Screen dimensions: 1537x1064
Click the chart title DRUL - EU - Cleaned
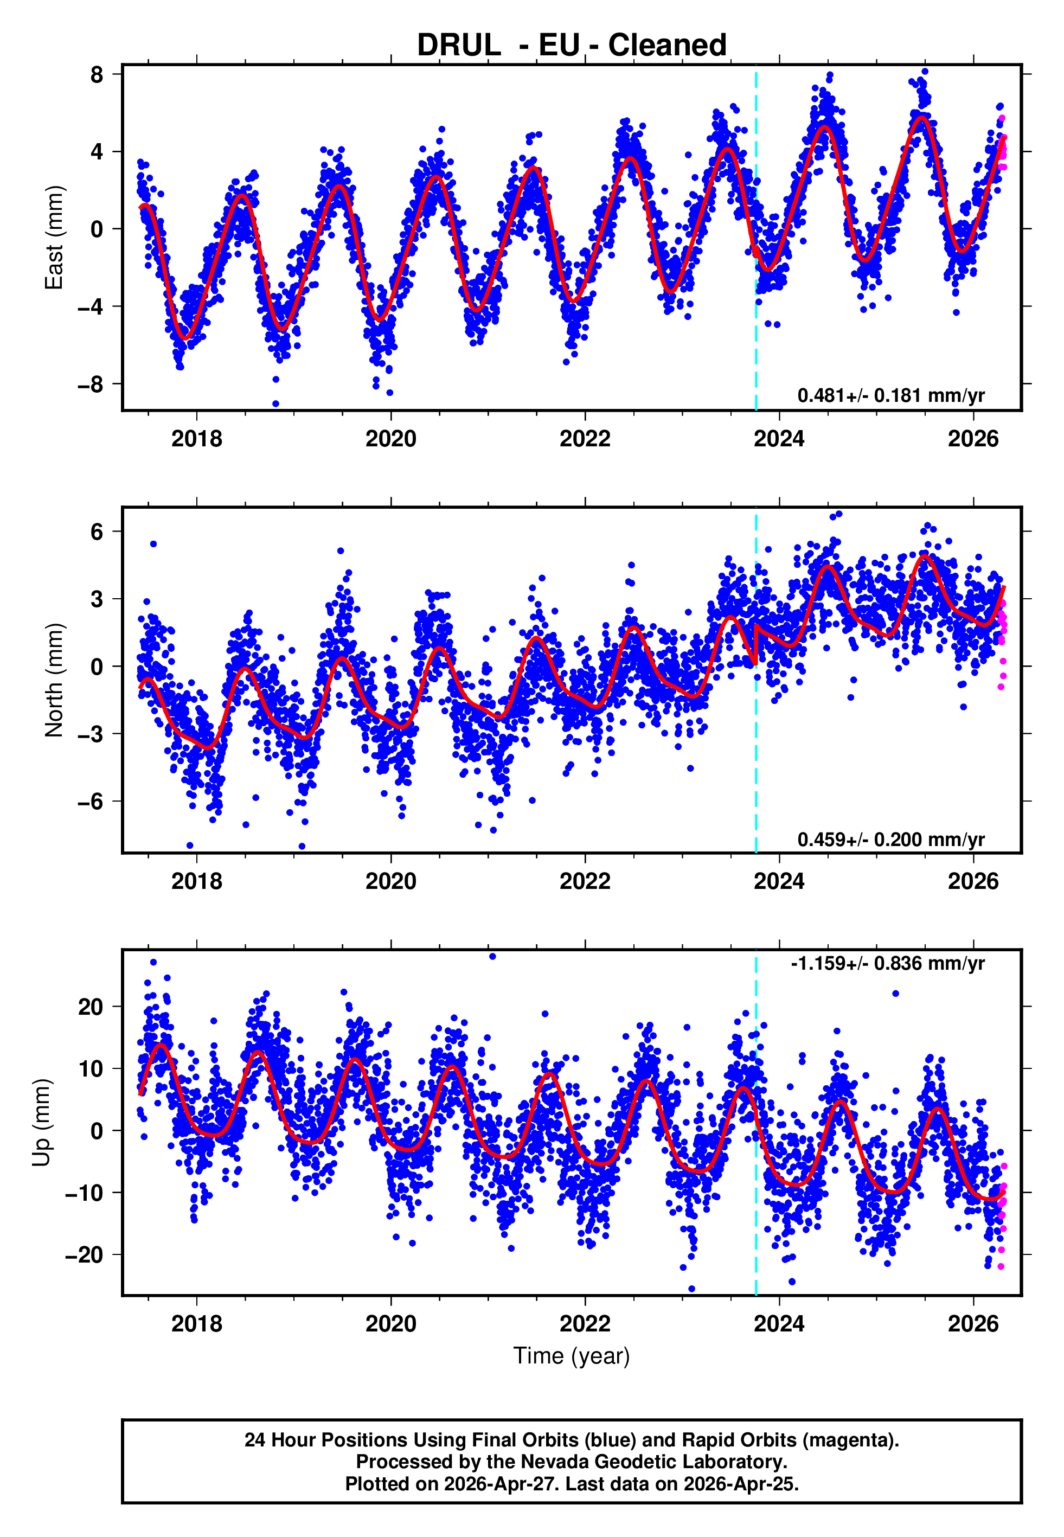point(572,46)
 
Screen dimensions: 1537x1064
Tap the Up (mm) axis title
point(41,1123)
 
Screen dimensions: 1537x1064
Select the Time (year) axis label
point(572,1356)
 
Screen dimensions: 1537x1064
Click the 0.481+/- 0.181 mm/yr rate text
point(890,395)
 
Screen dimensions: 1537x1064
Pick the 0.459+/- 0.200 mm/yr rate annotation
point(890,839)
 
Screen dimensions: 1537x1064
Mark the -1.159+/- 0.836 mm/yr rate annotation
point(887,964)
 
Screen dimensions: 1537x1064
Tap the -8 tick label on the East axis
point(91,385)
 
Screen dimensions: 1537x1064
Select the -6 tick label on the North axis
point(91,801)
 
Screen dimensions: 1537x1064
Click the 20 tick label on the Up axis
point(91,1007)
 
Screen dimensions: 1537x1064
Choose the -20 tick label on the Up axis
point(85,1255)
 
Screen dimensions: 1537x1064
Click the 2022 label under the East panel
point(585,439)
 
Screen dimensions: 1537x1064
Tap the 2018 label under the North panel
point(197,881)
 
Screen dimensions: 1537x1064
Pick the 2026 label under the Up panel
point(973,1324)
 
